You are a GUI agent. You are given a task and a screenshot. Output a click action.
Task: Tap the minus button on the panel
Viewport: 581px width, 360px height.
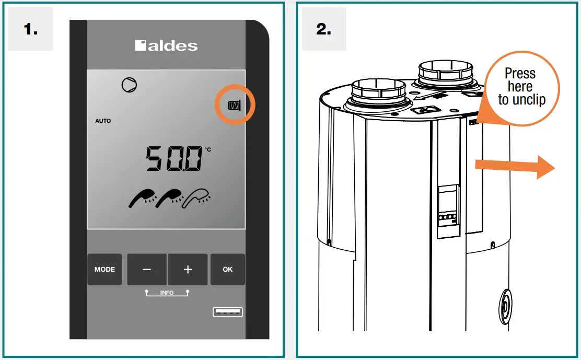pyautogui.click(x=147, y=269)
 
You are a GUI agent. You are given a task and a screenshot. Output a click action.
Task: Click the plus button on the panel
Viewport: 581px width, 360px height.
pyautogui.click(x=188, y=269)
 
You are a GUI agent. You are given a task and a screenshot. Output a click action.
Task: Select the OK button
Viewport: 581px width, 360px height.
pyautogui.click(x=227, y=269)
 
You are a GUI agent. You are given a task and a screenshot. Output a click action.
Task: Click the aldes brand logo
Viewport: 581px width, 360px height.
pyautogui.click(x=166, y=45)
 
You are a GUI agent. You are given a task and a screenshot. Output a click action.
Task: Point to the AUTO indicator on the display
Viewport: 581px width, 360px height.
pyautogui.click(x=103, y=121)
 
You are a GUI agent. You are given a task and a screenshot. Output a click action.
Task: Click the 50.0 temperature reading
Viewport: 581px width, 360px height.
pyautogui.click(x=174, y=158)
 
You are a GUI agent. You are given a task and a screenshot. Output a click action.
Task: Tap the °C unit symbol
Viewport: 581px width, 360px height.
pyautogui.click(x=208, y=149)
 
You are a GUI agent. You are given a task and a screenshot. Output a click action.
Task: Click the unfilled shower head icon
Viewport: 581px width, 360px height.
pyautogui.click(x=196, y=198)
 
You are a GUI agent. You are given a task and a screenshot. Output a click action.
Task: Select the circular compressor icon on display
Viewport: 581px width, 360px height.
pyautogui.click(x=130, y=85)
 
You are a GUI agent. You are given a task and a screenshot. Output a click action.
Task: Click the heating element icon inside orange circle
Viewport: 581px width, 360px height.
pyautogui.click(x=234, y=106)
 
